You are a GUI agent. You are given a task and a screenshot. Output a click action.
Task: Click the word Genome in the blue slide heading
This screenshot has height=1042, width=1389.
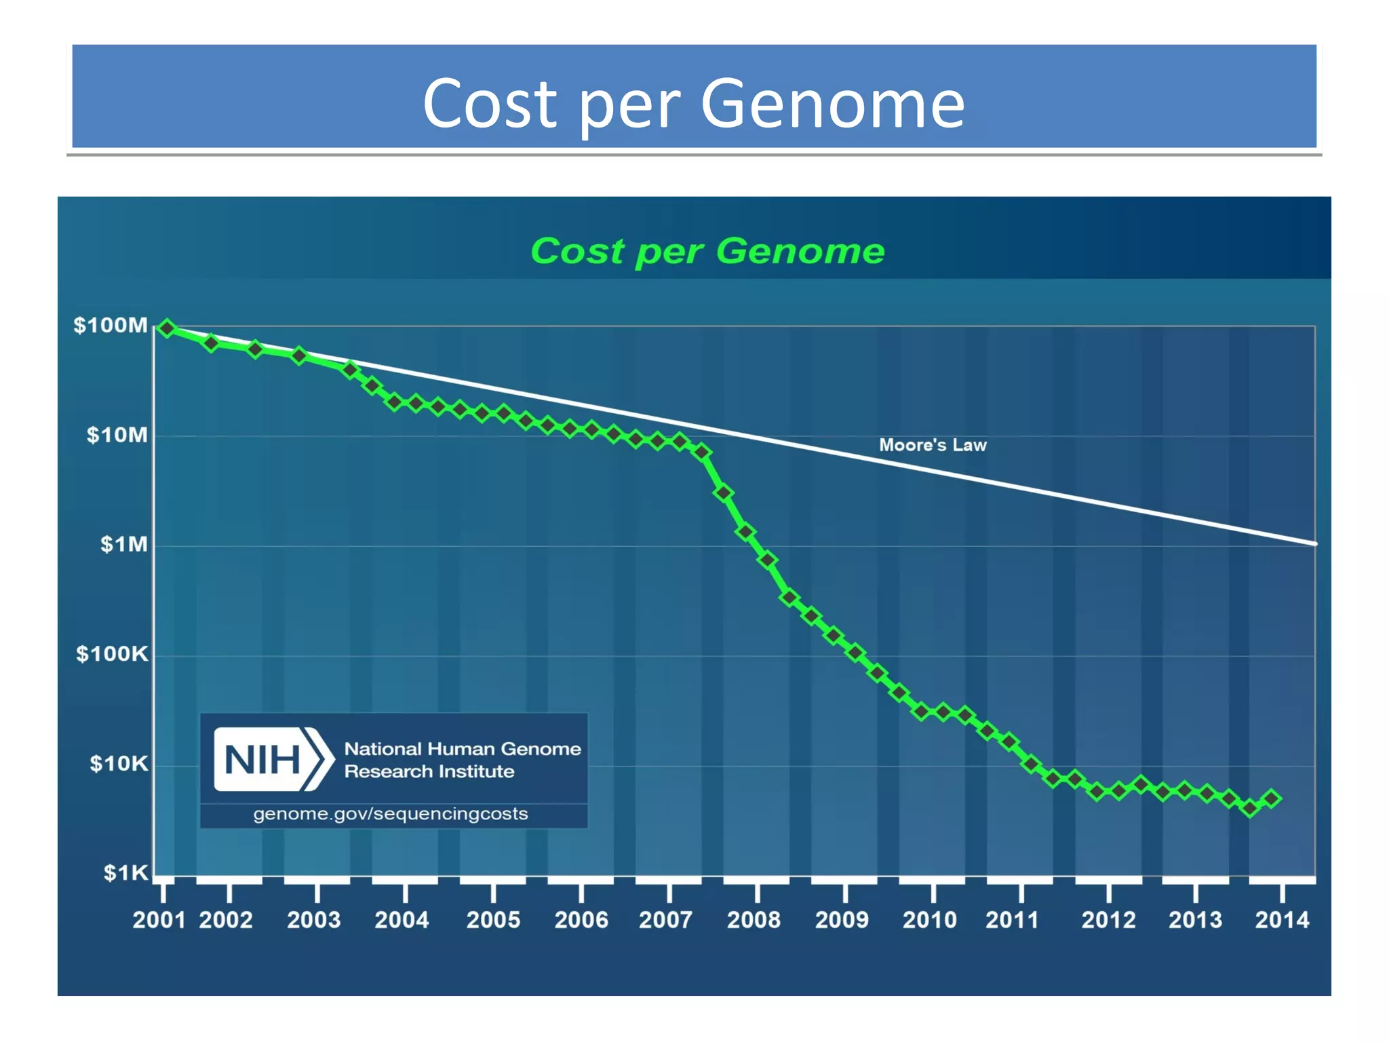click(x=832, y=104)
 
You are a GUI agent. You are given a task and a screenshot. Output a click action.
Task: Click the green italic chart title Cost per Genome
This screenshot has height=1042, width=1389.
click(x=707, y=251)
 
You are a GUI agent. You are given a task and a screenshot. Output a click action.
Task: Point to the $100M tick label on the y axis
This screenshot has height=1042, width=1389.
click(x=111, y=326)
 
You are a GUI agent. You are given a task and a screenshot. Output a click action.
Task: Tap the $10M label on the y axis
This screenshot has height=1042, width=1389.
click(x=117, y=435)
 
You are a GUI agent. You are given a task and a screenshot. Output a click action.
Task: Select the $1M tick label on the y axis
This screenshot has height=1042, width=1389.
click(x=123, y=544)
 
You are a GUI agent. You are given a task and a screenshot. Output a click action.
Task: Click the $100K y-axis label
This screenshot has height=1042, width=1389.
click(x=112, y=654)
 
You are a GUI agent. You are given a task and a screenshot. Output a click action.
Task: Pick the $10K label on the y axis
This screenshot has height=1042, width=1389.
click(x=119, y=764)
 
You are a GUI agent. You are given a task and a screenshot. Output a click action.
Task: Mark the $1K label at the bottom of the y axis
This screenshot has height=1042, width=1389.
click(x=125, y=872)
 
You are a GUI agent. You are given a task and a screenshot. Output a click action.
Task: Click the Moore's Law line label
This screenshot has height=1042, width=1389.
click(x=933, y=445)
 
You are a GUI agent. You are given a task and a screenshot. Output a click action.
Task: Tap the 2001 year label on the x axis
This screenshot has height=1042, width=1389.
click(x=159, y=920)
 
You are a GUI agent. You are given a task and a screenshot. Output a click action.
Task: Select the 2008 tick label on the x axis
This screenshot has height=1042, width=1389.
click(x=754, y=920)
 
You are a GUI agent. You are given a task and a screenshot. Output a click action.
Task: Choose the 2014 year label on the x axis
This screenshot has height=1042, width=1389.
click(x=1281, y=920)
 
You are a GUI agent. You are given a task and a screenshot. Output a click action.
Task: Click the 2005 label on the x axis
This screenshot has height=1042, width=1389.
click(x=493, y=920)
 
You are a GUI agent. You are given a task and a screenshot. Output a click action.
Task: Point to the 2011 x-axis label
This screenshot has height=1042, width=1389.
click(x=1012, y=920)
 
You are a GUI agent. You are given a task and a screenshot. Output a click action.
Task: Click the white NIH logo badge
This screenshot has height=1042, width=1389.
click(x=271, y=759)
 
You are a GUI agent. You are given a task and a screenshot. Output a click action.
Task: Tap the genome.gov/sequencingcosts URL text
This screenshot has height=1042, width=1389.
click(x=391, y=814)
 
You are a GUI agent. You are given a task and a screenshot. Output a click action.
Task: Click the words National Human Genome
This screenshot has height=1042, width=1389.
click(x=463, y=749)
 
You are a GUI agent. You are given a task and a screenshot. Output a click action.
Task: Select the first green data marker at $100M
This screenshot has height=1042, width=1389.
click(x=167, y=328)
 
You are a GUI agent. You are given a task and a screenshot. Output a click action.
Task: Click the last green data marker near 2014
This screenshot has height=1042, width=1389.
click(x=1272, y=798)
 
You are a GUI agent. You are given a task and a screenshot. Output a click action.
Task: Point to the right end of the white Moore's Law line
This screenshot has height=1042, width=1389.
click(x=1313, y=543)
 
